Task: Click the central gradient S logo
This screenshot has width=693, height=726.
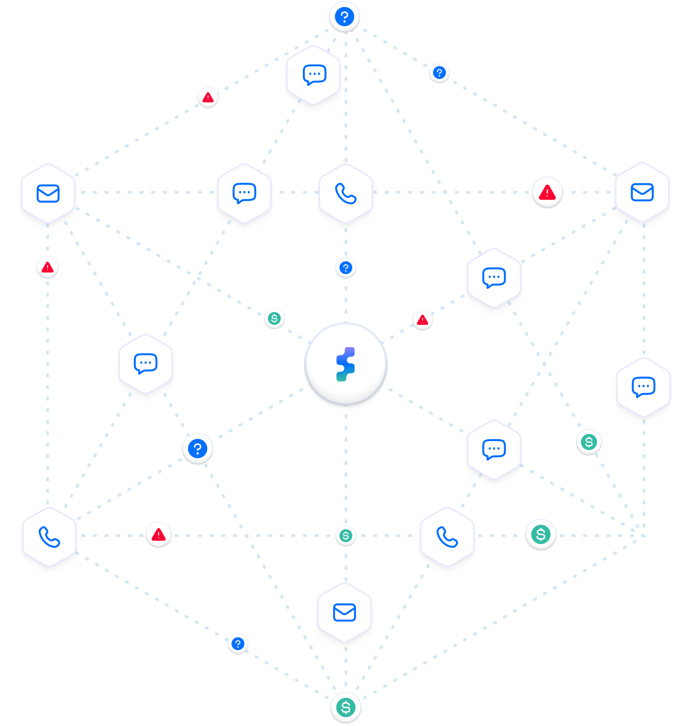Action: (345, 364)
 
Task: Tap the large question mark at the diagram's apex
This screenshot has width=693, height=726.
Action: (345, 17)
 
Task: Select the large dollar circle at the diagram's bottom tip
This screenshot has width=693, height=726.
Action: (345, 707)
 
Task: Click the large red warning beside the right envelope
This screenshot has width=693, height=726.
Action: (547, 193)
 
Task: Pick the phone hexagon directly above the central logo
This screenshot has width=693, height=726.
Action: (345, 193)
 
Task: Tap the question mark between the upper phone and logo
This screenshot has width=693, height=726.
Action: (345, 268)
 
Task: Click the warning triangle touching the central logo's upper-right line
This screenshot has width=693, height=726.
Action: (422, 320)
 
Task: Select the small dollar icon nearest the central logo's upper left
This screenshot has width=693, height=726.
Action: (274, 318)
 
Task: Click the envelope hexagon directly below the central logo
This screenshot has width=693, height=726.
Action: (345, 612)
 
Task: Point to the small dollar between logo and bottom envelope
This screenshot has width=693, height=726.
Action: (345, 535)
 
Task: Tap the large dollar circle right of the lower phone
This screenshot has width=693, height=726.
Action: (540, 534)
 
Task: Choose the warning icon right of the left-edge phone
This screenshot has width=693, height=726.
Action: (159, 534)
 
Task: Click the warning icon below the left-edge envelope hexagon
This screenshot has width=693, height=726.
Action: (48, 267)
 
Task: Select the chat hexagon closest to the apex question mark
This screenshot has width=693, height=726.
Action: (314, 75)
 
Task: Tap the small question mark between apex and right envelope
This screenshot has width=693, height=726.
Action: (439, 72)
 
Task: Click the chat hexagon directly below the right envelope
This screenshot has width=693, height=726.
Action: (644, 386)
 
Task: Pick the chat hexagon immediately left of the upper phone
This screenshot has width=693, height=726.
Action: (244, 193)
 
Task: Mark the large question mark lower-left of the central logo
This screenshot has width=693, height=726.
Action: (198, 448)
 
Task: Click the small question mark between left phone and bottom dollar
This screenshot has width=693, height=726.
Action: (238, 644)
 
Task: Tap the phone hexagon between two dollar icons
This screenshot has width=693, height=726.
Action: (447, 536)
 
